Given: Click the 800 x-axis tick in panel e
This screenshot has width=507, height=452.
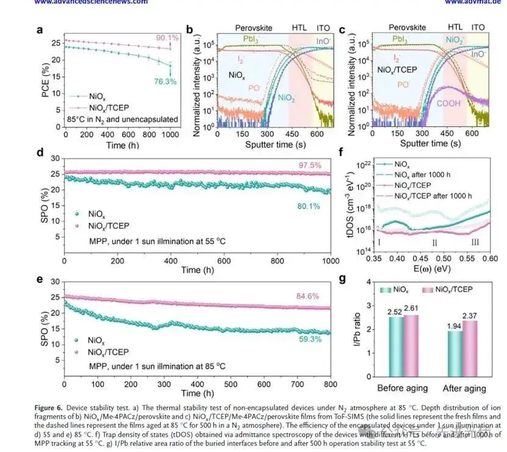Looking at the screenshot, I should (x=330, y=385).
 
